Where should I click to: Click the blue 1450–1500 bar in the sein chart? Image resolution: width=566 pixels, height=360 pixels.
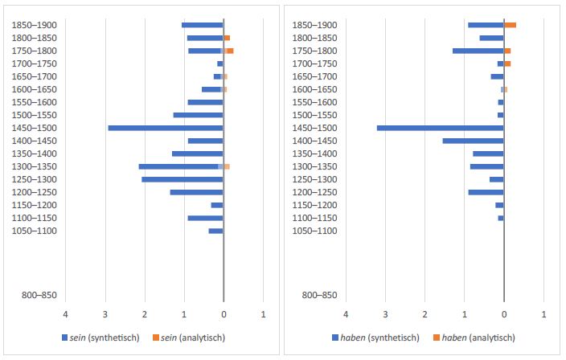pos(165,128)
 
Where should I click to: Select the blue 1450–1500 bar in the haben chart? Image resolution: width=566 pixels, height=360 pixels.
pos(440,128)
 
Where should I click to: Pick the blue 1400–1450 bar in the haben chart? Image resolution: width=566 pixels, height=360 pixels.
pos(473,141)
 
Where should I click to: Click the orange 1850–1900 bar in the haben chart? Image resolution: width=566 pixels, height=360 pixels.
pos(510,25)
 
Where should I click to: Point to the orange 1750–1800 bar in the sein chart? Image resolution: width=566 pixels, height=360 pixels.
pos(229,51)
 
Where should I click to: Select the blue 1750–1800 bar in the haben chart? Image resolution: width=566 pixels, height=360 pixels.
pos(478,51)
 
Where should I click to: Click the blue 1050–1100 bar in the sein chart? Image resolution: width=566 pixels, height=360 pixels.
pos(215,231)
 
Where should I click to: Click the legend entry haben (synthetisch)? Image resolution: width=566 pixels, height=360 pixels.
pos(376,337)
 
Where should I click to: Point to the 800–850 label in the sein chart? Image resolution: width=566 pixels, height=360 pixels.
pos(34,296)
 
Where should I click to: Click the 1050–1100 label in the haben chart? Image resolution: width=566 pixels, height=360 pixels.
pos(314,231)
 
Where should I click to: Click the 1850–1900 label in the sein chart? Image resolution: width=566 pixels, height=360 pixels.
pos(34,25)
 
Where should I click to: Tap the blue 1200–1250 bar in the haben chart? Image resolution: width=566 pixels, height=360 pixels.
pos(486,192)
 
